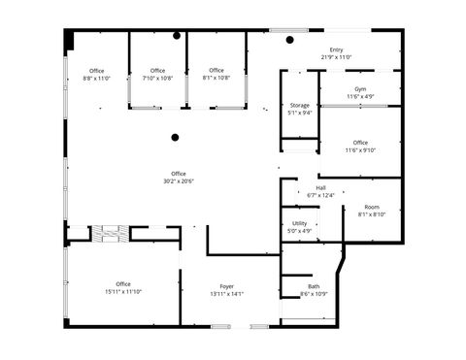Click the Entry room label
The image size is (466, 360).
click(337, 50)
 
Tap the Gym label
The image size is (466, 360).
click(360, 88)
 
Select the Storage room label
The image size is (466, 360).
click(300, 105)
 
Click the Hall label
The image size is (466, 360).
click(320, 188)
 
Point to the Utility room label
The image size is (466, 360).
click(300, 223)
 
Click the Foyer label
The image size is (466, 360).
click(227, 286)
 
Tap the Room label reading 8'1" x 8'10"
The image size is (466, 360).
click(372, 207)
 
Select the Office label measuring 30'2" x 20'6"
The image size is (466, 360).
click(179, 174)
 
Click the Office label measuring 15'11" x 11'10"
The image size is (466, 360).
click(123, 284)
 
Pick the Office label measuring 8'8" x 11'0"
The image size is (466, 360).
click(97, 71)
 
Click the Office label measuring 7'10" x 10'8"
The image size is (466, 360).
click(157, 71)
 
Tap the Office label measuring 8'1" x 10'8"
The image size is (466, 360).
click(216, 70)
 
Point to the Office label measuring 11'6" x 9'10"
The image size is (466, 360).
click(360, 143)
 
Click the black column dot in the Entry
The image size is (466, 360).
click(288, 40)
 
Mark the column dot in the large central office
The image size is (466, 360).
click(175, 138)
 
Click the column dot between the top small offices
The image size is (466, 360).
click(177, 36)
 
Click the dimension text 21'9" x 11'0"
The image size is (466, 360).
click(337, 57)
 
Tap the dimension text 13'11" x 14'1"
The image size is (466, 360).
click(227, 293)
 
